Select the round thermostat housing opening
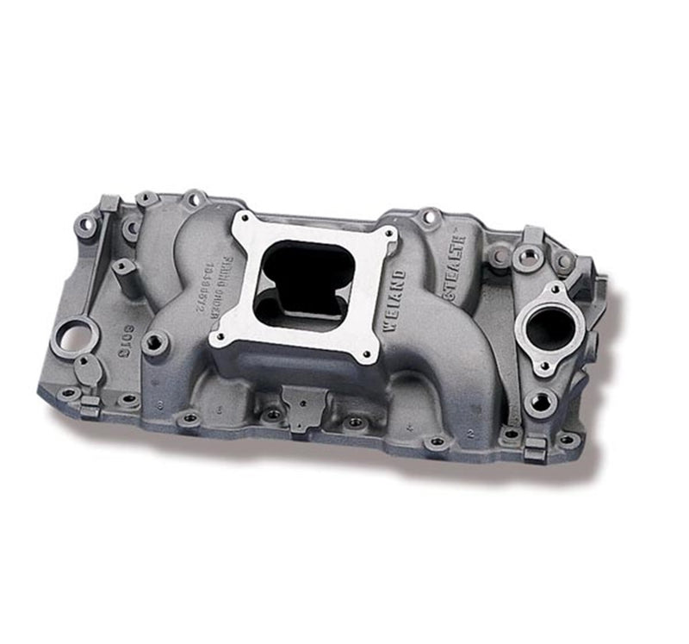tap(549, 329)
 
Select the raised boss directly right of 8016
tap(156, 343)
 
